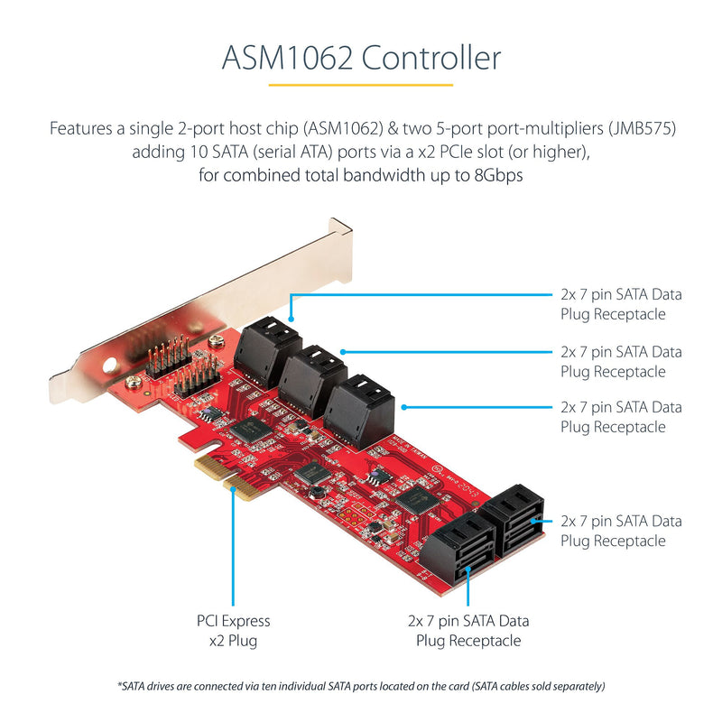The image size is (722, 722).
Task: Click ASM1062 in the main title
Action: [x=288, y=59]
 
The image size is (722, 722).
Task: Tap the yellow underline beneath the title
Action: [x=360, y=85]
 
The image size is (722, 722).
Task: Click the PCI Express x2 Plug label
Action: [x=233, y=630]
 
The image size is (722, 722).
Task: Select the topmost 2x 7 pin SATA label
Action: [x=621, y=304]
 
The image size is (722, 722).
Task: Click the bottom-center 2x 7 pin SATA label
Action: [x=468, y=630]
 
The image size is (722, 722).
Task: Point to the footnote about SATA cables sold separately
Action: [x=360, y=685]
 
